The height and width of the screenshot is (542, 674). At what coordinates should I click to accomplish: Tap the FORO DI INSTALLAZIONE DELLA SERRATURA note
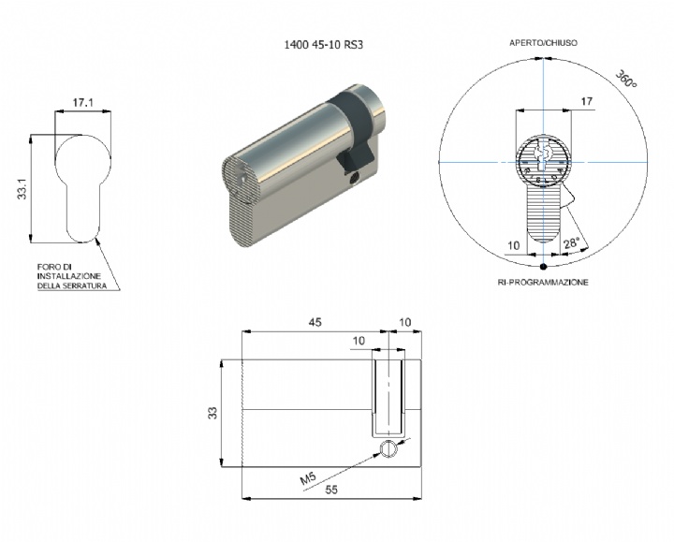click(x=71, y=277)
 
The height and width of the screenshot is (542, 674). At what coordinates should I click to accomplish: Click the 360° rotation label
click(x=626, y=80)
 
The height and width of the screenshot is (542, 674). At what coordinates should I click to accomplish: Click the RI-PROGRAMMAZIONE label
click(x=542, y=281)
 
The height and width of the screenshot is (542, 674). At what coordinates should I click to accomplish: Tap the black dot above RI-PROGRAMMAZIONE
click(x=542, y=266)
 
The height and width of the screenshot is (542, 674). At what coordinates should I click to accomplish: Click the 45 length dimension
click(x=315, y=322)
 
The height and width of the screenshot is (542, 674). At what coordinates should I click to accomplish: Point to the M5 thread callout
click(x=308, y=480)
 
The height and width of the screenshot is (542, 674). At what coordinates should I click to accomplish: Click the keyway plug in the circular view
click(x=542, y=163)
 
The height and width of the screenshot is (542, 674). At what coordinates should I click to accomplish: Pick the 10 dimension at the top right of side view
click(x=404, y=322)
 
